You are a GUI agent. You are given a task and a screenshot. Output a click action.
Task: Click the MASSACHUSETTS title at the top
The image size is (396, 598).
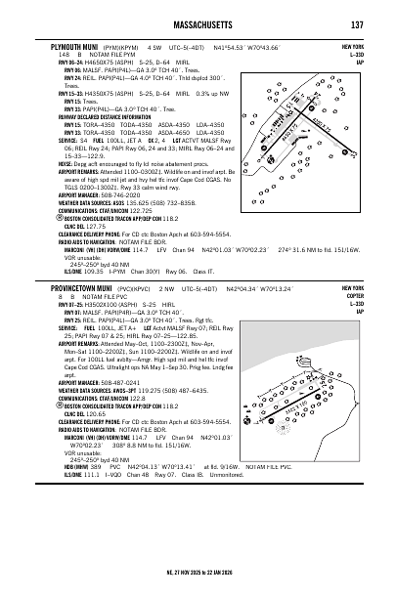(198, 23)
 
